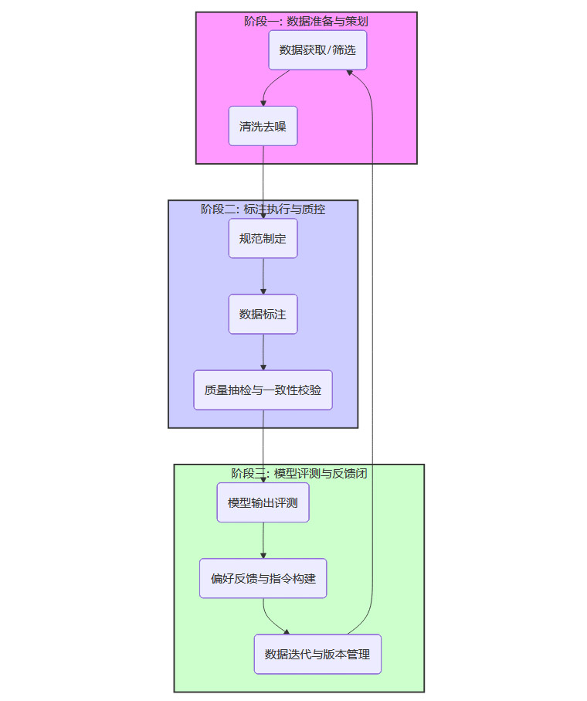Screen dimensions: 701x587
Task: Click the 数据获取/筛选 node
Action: pyautogui.click(x=317, y=50)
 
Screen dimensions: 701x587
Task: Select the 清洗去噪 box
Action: pyautogui.click(x=263, y=126)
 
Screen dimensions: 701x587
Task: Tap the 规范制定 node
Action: pyautogui.click(x=263, y=239)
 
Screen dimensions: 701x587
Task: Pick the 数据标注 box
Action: pyautogui.click(x=263, y=314)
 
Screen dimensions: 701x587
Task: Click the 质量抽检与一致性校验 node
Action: pyautogui.click(x=263, y=390)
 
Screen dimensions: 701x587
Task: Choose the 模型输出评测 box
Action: pyautogui.click(x=263, y=503)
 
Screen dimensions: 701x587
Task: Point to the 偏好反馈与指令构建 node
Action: pyautogui.click(x=263, y=578)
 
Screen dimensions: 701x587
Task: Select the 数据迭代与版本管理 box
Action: pyautogui.click(x=317, y=654)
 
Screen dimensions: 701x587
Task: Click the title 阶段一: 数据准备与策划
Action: pyautogui.click(x=306, y=21)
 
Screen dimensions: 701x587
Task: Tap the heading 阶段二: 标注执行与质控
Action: pyautogui.click(x=263, y=209)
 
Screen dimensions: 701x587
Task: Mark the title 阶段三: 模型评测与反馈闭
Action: pyautogui.click(x=299, y=473)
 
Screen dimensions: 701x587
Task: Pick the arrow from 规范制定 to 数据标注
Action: pyautogui.click(x=263, y=276)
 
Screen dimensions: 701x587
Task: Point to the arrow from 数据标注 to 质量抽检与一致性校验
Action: pyautogui.click(x=263, y=352)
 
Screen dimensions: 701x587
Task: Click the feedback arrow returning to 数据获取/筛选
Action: pyautogui.click(x=372, y=348)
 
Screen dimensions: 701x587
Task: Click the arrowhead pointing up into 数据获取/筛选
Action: pyautogui.click(x=350, y=72)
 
